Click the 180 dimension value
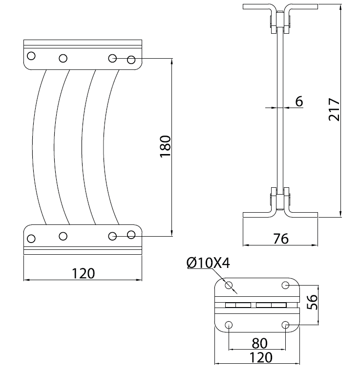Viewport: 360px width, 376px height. [165, 146]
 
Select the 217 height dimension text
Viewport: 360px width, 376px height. [334, 110]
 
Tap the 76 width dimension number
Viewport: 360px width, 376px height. [281, 239]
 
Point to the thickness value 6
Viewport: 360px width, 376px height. [299, 101]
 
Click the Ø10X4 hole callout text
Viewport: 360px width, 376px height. [208, 263]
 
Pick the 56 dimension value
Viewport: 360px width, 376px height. [312, 302]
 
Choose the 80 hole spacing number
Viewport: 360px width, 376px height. [260, 343]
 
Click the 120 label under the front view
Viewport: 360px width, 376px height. [84, 273]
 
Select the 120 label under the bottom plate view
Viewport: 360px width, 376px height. [261, 357]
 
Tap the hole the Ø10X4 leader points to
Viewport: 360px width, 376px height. [229, 286]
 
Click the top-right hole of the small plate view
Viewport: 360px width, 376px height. [286, 285]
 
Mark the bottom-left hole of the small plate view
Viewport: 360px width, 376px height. [229, 325]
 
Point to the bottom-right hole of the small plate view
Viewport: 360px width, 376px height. [286, 325]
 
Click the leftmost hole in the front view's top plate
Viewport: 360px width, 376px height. [31, 56]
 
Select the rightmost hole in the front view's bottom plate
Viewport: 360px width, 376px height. [131, 235]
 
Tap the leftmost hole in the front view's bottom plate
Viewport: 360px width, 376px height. [31, 239]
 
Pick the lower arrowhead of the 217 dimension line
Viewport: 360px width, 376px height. [340, 214]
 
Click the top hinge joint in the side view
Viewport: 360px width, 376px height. [280, 22]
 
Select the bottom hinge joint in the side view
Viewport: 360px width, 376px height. [280, 199]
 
